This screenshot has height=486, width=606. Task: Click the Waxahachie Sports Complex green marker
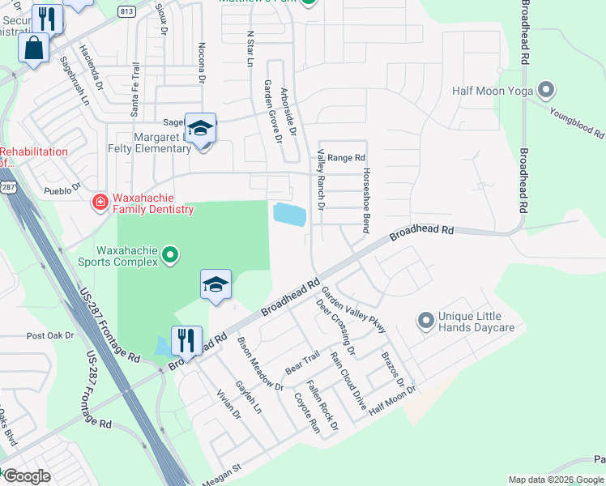pyautogui.click(x=170, y=256)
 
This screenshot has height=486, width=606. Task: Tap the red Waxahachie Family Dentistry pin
pyautogui.click(x=100, y=202)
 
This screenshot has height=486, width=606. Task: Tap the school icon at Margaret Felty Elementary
pyautogui.click(x=200, y=129)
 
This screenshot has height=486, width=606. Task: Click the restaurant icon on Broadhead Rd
pyautogui.click(x=186, y=341)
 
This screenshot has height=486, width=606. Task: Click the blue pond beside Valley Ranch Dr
pyautogui.click(x=290, y=215)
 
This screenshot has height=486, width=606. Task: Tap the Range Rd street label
pyautogui.click(x=347, y=158)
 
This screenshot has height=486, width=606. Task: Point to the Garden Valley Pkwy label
pyautogui.click(x=354, y=309)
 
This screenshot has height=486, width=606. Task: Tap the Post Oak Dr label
pyautogui.click(x=50, y=335)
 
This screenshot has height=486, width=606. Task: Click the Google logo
pyautogui.click(x=26, y=477)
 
